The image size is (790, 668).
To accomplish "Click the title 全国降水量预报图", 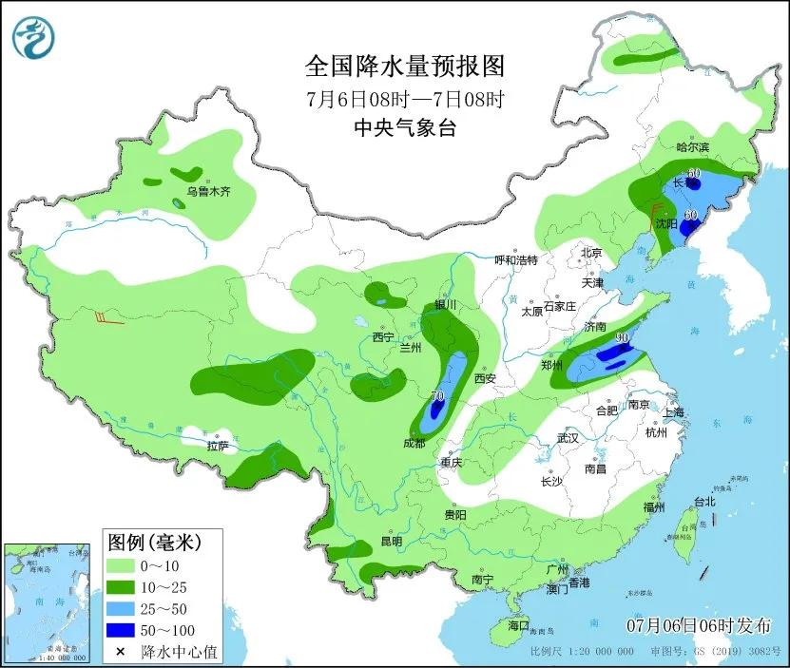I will (x=404, y=66).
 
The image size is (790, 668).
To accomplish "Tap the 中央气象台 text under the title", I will (x=404, y=128).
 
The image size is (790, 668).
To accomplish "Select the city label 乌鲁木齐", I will (x=208, y=191).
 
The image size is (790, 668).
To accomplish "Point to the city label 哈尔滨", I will (x=693, y=147).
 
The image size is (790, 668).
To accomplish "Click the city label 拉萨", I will (x=218, y=445).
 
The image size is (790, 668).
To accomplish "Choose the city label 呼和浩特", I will (x=516, y=259).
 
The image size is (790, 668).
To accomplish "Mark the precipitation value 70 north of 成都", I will (x=437, y=396).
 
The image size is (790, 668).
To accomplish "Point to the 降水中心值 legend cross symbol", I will (x=121, y=652).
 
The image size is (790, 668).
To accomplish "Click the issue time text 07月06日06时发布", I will (x=699, y=624).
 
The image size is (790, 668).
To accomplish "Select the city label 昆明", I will (x=391, y=541).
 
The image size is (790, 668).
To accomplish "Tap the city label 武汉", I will (x=568, y=438).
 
